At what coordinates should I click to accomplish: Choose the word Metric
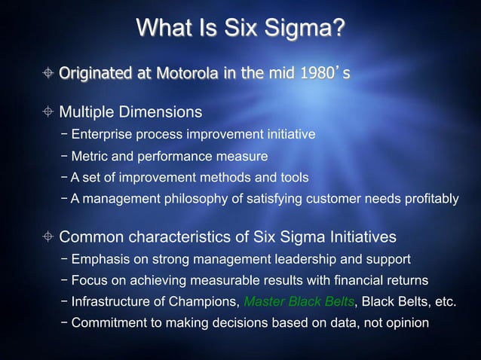[90, 157]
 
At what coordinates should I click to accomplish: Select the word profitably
[430, 199]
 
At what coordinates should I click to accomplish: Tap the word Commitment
[109, 323]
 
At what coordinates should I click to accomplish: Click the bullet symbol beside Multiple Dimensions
[47, 112]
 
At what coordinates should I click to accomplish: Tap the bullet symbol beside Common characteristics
[47, 237]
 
